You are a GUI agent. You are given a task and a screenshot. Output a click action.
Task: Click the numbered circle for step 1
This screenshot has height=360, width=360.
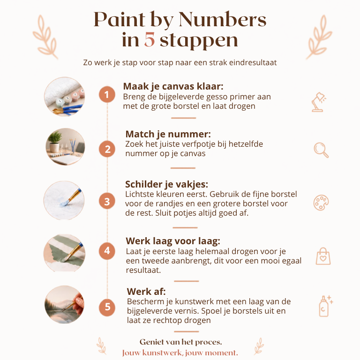tap(107, 94)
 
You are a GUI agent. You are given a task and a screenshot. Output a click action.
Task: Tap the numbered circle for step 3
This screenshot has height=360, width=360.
tap(107, 201)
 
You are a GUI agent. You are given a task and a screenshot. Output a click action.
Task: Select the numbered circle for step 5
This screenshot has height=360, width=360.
tap(107, 307)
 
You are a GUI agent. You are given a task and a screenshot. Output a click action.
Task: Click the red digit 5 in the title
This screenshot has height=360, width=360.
tap(150, 40)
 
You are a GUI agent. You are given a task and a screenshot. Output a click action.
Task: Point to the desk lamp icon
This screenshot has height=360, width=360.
tap(319, 102)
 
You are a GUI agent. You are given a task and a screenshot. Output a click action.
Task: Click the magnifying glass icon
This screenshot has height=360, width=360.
tap(321, 150)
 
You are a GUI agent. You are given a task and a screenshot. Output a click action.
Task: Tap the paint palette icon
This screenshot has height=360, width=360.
tap(321, 202)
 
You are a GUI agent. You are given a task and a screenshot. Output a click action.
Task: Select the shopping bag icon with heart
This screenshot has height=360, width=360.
tap(323, 256)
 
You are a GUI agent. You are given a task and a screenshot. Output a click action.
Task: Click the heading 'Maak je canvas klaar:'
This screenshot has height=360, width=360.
tap(173, 86)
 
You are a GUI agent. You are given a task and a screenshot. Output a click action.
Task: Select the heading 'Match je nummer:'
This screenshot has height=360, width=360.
tap(168, 134)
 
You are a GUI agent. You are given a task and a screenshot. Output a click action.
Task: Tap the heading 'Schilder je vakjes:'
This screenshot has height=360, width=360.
tap(167, 184)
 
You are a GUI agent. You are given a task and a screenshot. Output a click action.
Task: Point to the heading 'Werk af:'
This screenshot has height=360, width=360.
tap(146, 292)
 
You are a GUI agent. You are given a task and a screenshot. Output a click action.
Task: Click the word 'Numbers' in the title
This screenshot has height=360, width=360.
tap(222, 20)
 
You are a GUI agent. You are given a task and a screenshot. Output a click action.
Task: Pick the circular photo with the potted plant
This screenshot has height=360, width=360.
tap(65, 147)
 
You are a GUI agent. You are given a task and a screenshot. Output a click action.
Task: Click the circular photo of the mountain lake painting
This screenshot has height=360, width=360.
tap(65, 304)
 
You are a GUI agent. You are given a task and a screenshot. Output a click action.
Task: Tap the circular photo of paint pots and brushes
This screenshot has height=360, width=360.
tap(65, 97)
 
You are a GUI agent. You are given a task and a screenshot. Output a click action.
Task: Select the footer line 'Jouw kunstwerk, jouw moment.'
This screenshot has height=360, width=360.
tap(180, 352)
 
